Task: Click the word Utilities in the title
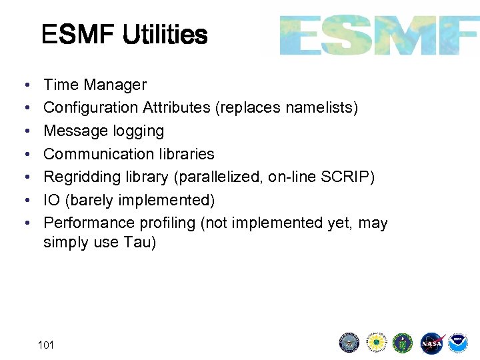(x=165, y=35)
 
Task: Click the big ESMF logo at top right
(x=379, y=35)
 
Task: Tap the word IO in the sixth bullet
(x=51, y=200)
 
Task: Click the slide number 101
(x=46, y=345)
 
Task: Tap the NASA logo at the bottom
(x=431, y=343)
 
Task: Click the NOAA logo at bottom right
(x=457, y=343)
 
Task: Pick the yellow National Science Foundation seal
(x=377, y=343)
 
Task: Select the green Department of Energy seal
(x=403, y=343)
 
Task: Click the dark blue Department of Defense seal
(x=349, y=343)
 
